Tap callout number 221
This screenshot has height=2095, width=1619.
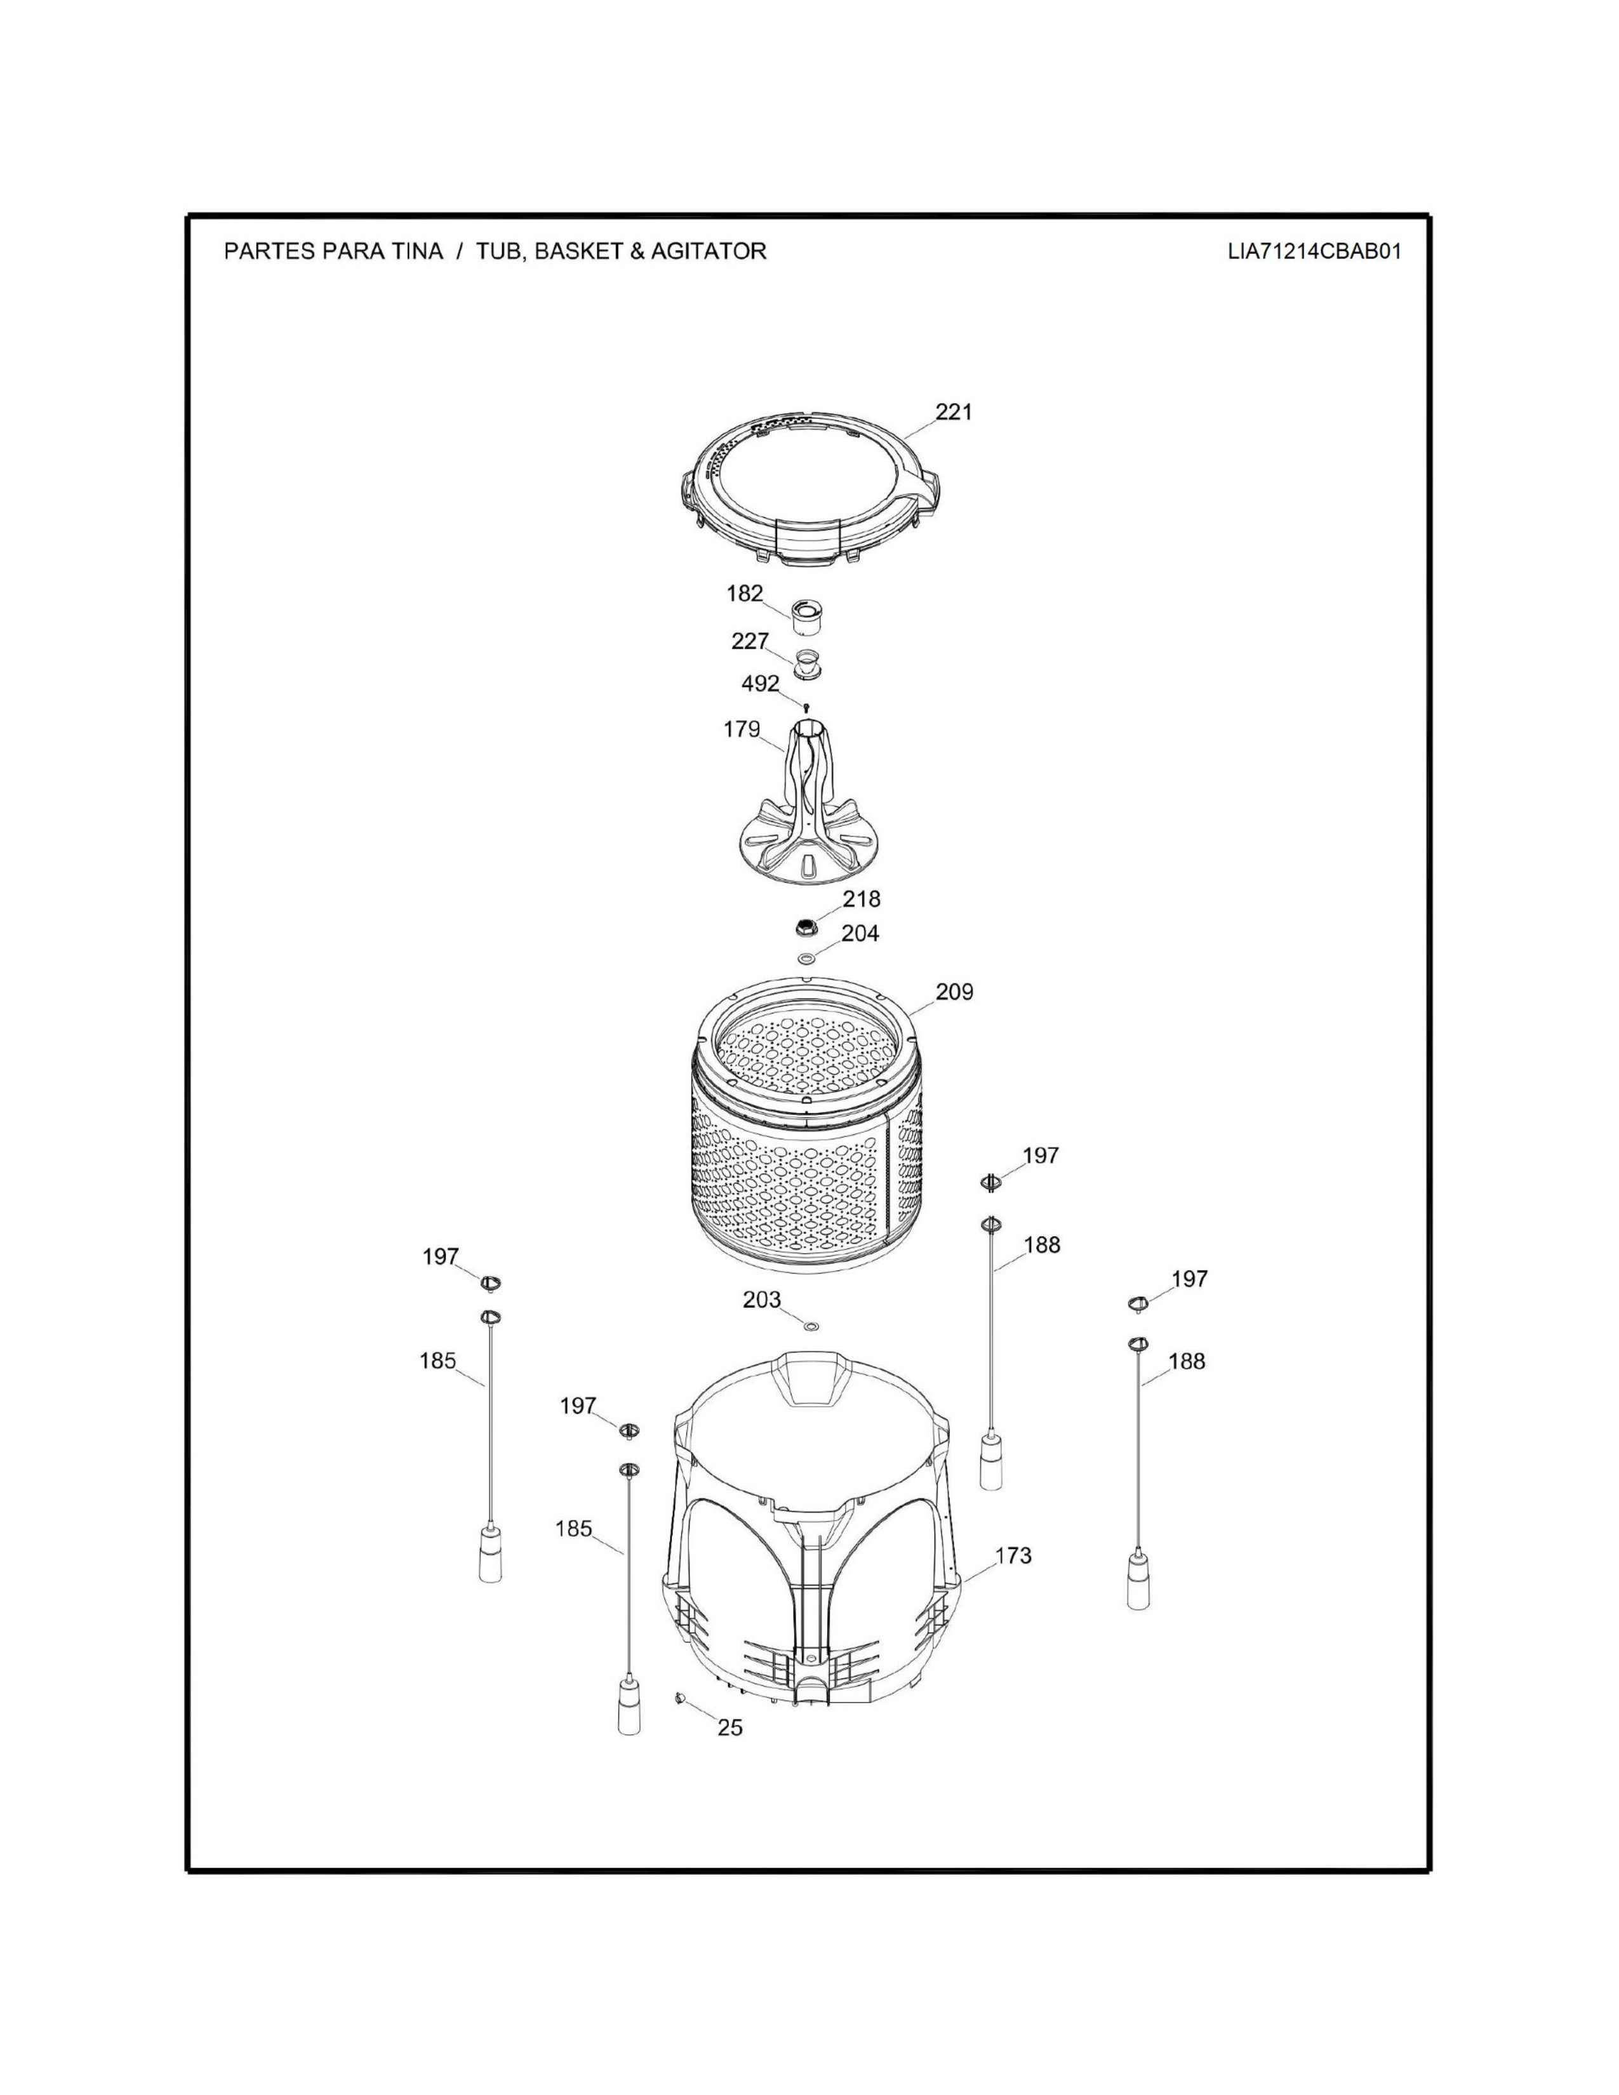tap(954, 411)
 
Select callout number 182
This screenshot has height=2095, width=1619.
tap(744, 594)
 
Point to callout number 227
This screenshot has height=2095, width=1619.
tap(750, 641)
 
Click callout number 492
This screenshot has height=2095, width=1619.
tap(761, 684)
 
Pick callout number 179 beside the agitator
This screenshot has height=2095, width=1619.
tap(742, 729)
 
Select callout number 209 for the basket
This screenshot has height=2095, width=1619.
tap(954, 992)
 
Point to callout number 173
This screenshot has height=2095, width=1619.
tap(1013, 1555)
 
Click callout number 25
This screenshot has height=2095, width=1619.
tap(730, 1727)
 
